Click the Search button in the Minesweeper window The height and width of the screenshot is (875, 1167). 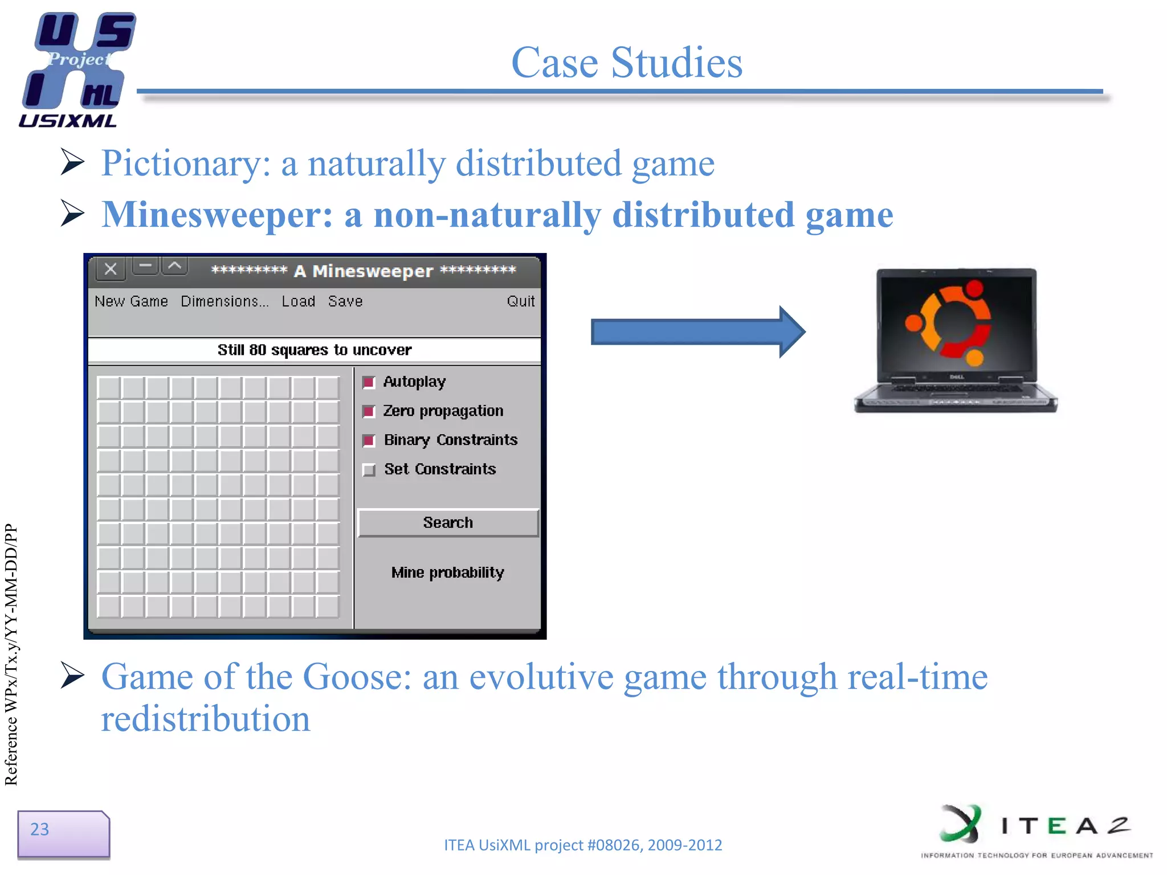pos(448,522)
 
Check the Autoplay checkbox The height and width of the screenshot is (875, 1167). pos(369,382)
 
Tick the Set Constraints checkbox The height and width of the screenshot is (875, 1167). pos(369,470)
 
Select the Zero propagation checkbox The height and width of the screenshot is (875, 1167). pos(369,411)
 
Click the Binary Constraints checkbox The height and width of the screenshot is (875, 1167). pos(369,440)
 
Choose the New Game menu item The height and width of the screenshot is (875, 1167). pos(131,301)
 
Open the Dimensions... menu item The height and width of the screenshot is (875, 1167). pos(224,301)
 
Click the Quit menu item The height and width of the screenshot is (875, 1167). pos(520,301)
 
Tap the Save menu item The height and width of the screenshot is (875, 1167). pos(345,301)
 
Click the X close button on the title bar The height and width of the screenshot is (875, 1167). pos(111,269)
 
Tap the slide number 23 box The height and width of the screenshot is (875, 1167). pos(63,833)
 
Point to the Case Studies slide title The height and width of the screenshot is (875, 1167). pos(626,62)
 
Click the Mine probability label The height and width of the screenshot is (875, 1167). pos(447,573)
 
